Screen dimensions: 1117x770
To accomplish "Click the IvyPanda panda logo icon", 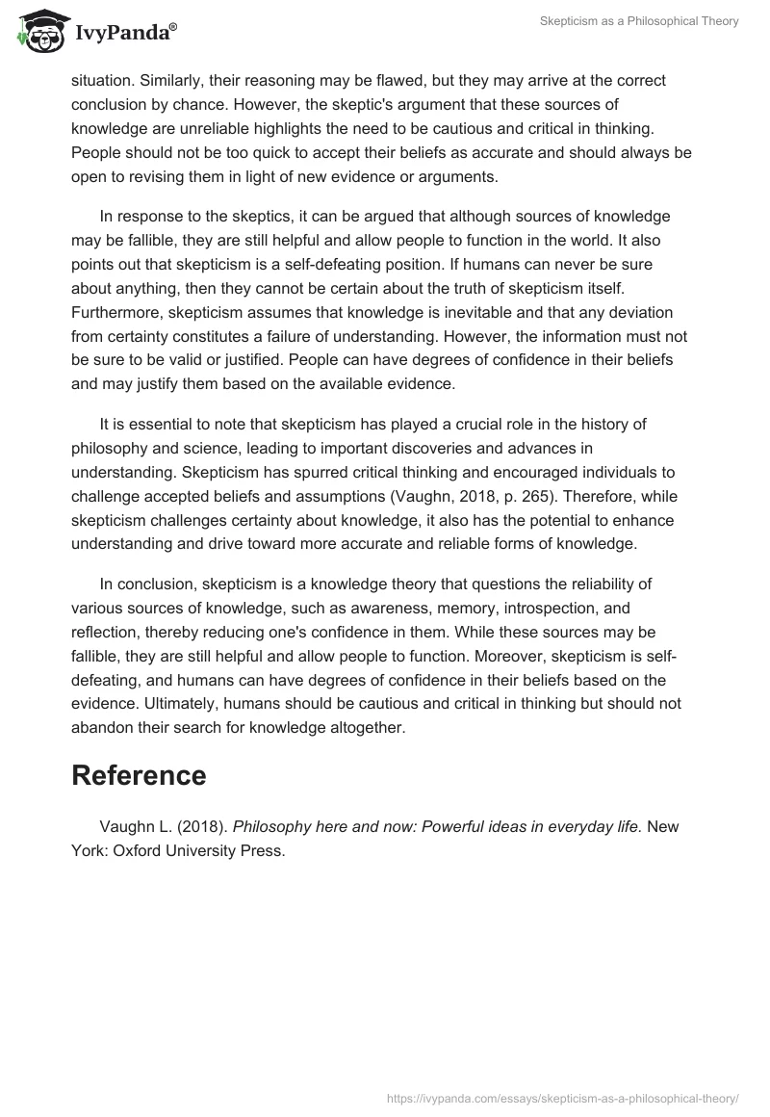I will (x=37, y=33).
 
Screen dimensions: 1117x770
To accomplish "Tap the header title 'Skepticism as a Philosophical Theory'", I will (x=640, y=21).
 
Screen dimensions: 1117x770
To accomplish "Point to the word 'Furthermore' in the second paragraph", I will (x=113, y=312).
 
